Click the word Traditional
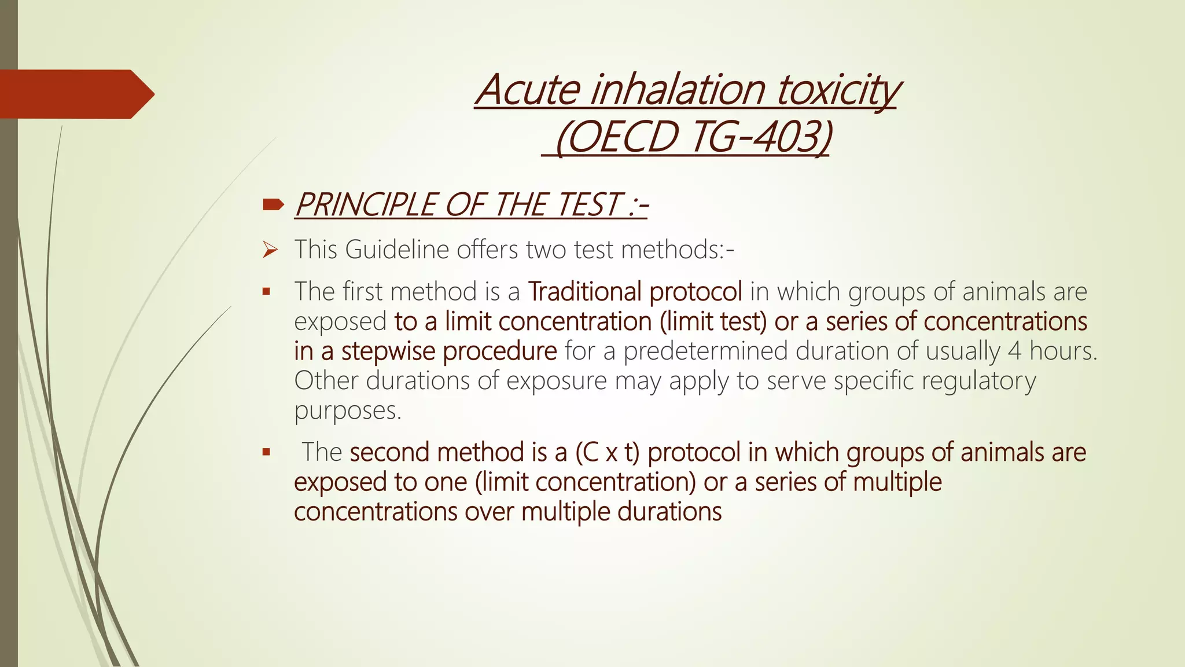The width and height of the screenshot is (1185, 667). (584, 291)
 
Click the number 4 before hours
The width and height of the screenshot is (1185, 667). (1014, 351)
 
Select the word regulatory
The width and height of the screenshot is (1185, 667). (978, 381)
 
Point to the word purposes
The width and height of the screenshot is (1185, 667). (347, 411)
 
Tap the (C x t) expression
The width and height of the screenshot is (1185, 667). (608, 452)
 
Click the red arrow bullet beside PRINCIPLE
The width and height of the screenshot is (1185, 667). (273, 204)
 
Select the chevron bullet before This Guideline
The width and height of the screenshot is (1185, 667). (270, 250)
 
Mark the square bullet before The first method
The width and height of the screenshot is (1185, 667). (266, 292)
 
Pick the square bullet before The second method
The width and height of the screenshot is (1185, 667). (266, 452)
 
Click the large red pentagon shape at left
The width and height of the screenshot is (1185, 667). (75, 94)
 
